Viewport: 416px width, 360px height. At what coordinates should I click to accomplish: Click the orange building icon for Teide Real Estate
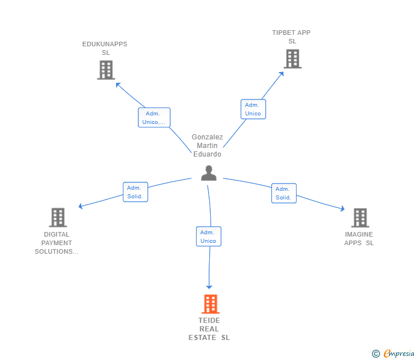click(210, 304)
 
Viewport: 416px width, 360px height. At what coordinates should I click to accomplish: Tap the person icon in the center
click(209, 173)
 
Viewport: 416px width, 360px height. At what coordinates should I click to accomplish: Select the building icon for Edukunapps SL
click(106, 70)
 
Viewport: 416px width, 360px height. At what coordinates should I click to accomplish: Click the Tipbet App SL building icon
click(292, 58)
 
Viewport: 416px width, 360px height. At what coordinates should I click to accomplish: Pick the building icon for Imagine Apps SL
click(359, 218)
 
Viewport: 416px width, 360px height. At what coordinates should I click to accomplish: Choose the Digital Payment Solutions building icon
click(58, 218)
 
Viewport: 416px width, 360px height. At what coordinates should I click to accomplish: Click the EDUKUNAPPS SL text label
click(105, 49)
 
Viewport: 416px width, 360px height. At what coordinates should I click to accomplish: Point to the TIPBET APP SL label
click(291, 37)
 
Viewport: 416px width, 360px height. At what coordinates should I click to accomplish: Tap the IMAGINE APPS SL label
click(359, 239)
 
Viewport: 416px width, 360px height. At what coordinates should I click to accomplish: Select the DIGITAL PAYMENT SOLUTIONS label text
click(57, 243)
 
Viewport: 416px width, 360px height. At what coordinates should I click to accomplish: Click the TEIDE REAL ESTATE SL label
click(209, 329)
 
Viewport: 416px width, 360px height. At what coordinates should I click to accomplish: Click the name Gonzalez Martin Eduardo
click(207, 146)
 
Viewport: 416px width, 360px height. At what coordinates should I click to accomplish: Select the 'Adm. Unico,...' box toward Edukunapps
click(154, 118)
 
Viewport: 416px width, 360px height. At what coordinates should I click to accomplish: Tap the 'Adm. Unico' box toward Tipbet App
click(253, 109)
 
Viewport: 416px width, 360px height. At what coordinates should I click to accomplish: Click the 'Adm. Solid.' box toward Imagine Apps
click(283, 193)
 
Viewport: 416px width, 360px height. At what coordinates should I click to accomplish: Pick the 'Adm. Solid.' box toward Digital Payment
click(135, 192)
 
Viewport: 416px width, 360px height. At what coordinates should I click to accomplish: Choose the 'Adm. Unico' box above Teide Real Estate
click(208, 237)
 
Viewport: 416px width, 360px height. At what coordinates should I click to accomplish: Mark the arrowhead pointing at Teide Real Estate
click(210, 286)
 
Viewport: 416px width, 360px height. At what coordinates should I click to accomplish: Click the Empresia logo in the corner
click(393, 354)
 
